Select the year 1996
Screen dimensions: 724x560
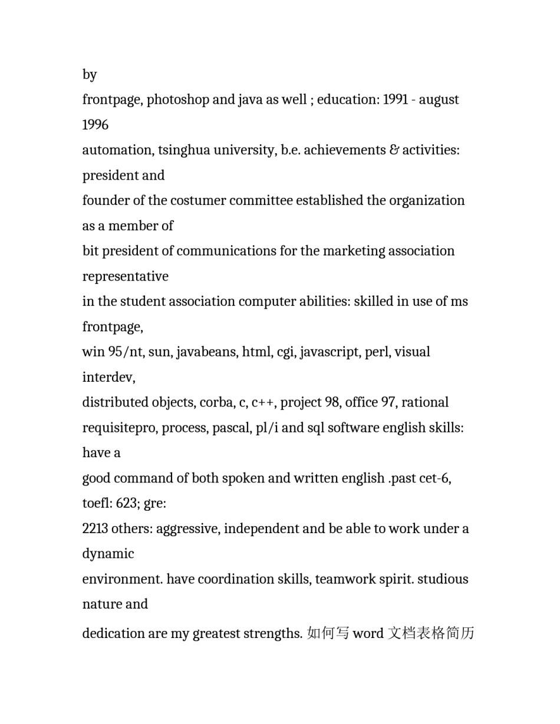click(95, 125)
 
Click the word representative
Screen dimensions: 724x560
click(125, 276)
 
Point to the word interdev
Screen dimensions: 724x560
click(108, 377)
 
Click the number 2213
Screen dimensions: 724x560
click(95, 528)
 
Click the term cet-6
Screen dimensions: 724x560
click(434, 478)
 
